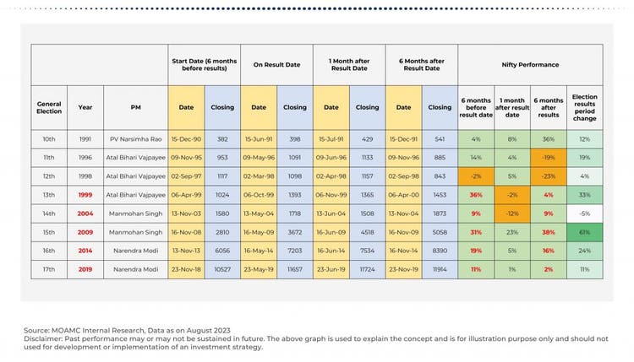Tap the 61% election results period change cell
click(584, 230)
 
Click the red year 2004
click(85, 213)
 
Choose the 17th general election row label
click(49, 268)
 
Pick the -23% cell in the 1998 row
click(548, 176)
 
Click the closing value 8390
click(439, 250)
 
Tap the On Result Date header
click(276, 64)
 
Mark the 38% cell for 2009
click(548, 230)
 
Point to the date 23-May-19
click(259, 268)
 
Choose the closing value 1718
click(294, 213)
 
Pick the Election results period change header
click(584, 107)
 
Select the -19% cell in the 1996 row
click(548, 157)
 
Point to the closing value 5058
click(439, 230)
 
